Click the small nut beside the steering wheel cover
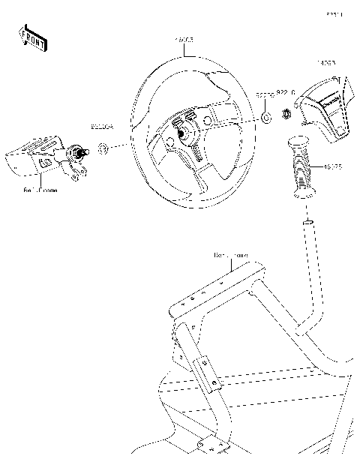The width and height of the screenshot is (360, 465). coord(286,115)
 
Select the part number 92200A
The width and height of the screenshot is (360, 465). coord(102,128)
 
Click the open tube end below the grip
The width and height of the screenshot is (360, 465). coord(307,223)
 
